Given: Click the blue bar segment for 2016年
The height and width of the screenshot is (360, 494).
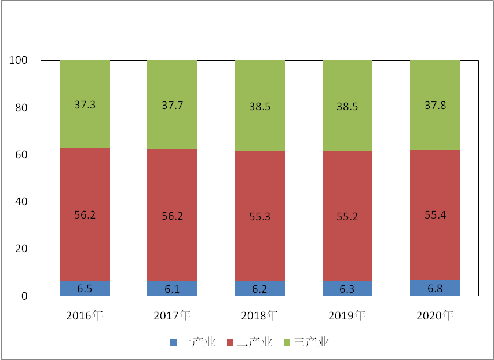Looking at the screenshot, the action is pos(85,288).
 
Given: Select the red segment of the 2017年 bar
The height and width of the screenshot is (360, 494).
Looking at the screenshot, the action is pos(173,215).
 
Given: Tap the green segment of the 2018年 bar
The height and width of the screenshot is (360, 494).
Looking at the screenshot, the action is pos(260,106).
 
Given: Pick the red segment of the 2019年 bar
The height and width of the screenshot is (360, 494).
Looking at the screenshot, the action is pos(347,216).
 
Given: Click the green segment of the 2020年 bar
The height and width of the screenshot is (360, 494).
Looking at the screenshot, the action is pos(435,105).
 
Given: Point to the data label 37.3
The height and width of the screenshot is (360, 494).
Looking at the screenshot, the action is pos(85,105).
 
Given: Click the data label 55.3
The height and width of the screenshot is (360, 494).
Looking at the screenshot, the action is pos(260,217).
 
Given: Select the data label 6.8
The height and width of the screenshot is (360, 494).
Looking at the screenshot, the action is pos(435,289).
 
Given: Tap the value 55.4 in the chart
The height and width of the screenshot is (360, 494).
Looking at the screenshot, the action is pos(435,215).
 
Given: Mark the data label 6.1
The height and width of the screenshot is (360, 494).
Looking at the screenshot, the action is pos(173,289).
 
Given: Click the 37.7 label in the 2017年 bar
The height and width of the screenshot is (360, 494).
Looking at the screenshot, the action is pos(173,106).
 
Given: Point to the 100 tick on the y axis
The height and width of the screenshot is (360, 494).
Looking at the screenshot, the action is pos(19,60).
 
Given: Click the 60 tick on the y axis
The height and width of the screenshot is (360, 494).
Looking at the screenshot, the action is pos(21,154).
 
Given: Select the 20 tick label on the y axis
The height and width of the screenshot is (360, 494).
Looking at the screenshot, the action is pos(21,249).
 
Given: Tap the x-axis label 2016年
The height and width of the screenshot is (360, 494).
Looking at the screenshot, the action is pos(85,315).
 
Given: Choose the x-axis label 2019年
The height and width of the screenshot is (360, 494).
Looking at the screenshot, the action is pos(347,315).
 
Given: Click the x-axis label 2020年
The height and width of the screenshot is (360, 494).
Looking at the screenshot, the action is pos(435,315).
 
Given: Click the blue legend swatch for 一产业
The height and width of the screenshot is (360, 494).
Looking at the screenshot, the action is pos(173,342).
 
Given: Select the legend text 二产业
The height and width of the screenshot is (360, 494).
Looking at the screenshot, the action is pos(255,342).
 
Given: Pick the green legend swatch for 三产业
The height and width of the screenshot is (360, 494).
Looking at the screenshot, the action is pos(287,342).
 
